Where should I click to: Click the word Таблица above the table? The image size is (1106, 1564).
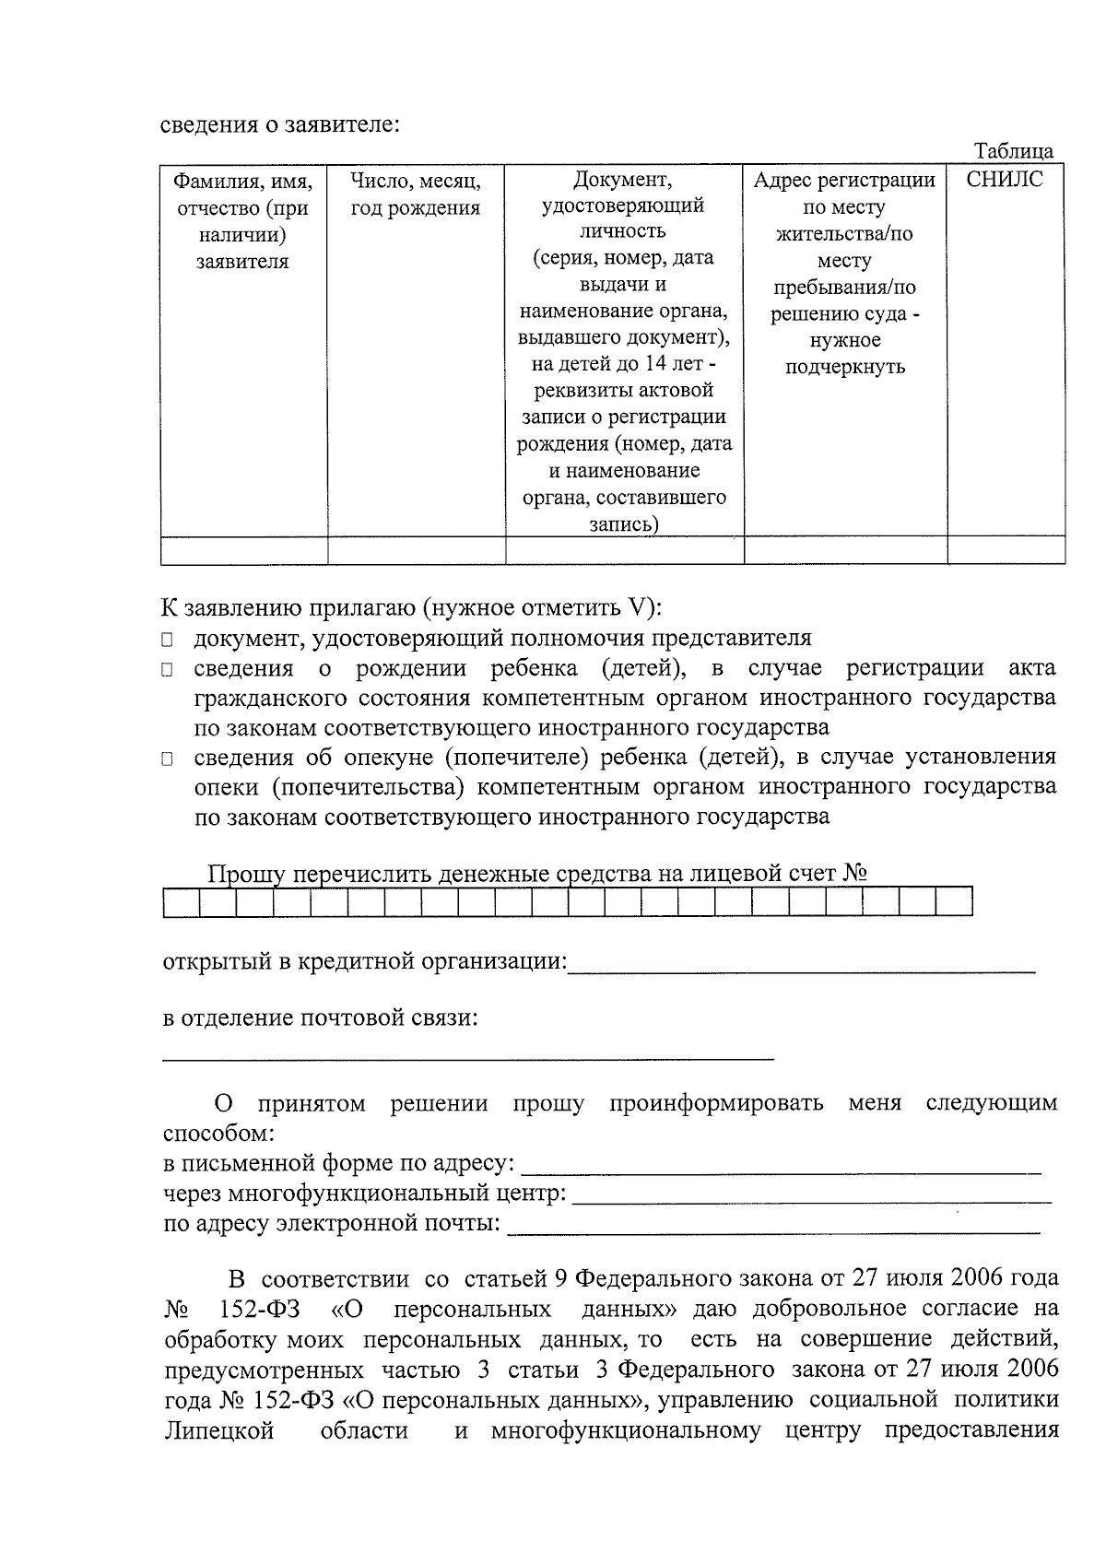click(x=1014, y=151)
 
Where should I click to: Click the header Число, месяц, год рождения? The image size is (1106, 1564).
click(x=416, y=194)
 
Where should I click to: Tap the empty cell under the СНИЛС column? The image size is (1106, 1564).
click(x=1006, y=550)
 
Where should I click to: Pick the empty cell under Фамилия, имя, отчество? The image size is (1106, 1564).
click(x=244, y=550)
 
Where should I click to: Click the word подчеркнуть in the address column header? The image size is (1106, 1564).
click(x=844, y=367)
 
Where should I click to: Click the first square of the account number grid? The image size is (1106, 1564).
click(x=181, y=902)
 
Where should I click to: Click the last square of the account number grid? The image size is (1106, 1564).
click(x=954, y=902)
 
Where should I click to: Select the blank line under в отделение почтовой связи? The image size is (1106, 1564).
click(x=468, y=1056)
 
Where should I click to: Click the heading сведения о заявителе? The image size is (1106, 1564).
click(x=280, y=124)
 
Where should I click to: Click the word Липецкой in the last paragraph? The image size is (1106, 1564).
click(x=219, y=1431)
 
